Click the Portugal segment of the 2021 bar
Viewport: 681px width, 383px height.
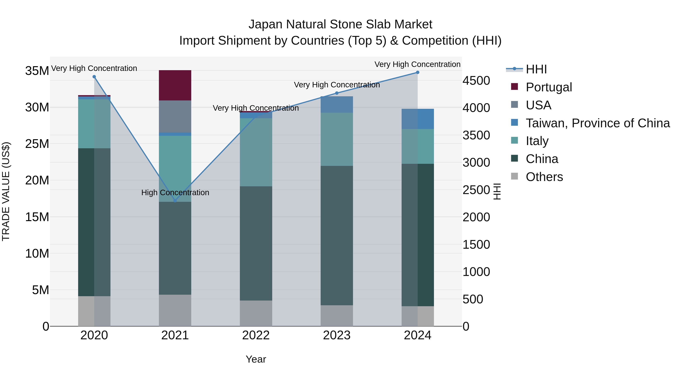click(175, 85)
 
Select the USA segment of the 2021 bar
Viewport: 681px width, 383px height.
click(175, 116)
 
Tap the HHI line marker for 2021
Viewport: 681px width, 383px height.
click(175, 201)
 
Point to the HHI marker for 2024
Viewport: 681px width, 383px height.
click(417, 72)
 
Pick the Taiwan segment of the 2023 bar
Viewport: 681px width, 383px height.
click(337, 105)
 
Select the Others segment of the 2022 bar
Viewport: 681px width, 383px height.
click(256, 313)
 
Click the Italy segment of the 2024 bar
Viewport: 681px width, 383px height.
click(417, 146)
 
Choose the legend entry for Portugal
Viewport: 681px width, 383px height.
click(549, 87)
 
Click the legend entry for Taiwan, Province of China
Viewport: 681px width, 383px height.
click(597, 123)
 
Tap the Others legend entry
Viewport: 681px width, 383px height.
click(544, 177)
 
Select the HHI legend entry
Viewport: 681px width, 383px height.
click(536, 69)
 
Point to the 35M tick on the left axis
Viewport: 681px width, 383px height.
click(37, 71)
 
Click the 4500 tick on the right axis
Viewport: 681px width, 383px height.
click(476, 81)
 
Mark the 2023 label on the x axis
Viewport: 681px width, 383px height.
click(337, 335)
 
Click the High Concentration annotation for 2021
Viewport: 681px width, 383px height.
click(175, 192)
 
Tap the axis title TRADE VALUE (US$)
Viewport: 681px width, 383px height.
click(6, 191)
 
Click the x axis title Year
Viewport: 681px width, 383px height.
click(256, 359)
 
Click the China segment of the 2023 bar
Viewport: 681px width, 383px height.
click(337, 235)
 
